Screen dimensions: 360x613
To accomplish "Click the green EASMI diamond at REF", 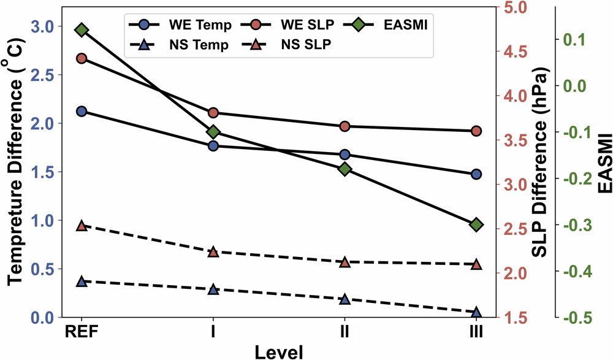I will [x=82, y=31].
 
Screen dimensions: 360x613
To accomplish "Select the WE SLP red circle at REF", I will [x=82, y=58].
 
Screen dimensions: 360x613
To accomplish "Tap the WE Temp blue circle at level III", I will [x=476, y=174].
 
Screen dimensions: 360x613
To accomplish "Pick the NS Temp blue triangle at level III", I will [x=476, y=312].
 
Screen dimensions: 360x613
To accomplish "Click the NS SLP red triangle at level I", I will [x=213, y=252].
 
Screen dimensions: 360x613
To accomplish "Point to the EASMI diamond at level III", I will [x=476, y=225].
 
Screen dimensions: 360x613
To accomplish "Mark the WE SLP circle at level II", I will [x=345, y=126].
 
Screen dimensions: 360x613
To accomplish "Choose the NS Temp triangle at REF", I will [x=82, y=281].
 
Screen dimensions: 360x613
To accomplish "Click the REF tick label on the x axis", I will [x=82, y=333].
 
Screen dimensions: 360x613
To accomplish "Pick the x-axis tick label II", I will [x=345, y=333].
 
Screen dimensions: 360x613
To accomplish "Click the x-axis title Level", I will [x=279, y=351].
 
